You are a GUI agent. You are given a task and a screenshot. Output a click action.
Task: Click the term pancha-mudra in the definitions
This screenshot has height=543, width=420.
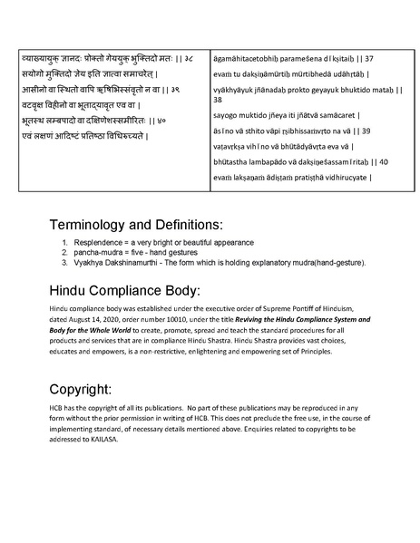102,252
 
